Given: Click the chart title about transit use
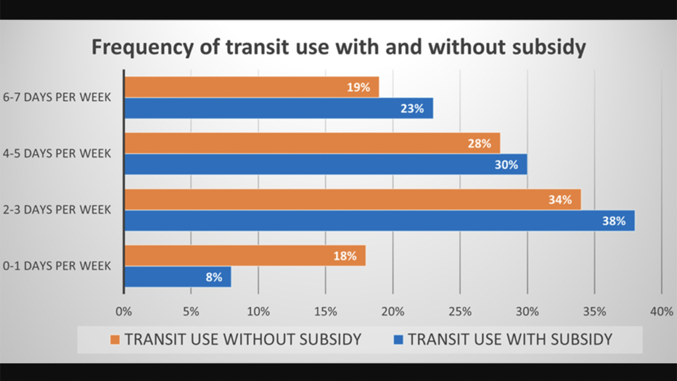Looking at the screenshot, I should pyautogui.click(x=338, y=48).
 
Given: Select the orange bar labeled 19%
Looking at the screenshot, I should pyautogui.click(x=251, y=87).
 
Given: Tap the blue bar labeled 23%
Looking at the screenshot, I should pyautogui.click(x=278, y=108).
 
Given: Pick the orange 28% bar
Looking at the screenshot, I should pyautogui.click(x=311, y=143).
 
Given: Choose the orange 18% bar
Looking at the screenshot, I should pyautogui.click(x=245, y=256).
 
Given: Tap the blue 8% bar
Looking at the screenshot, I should pyautogui.click(x=177, y=277).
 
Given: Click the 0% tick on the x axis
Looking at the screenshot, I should pyautogui.click(x=124, y=311).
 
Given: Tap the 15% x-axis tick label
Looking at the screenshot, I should pyautogui.click(x=325, y=311).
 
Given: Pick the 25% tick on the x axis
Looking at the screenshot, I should pyautogui.click(x=459, y=311).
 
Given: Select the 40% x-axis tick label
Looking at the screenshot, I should pyautogui.click(x=661, y=311).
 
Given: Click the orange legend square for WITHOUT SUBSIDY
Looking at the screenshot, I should pyautogui.click(x=115, y=340).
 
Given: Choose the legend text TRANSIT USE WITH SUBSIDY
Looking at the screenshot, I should pyautogui.click(x=510, y=340).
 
